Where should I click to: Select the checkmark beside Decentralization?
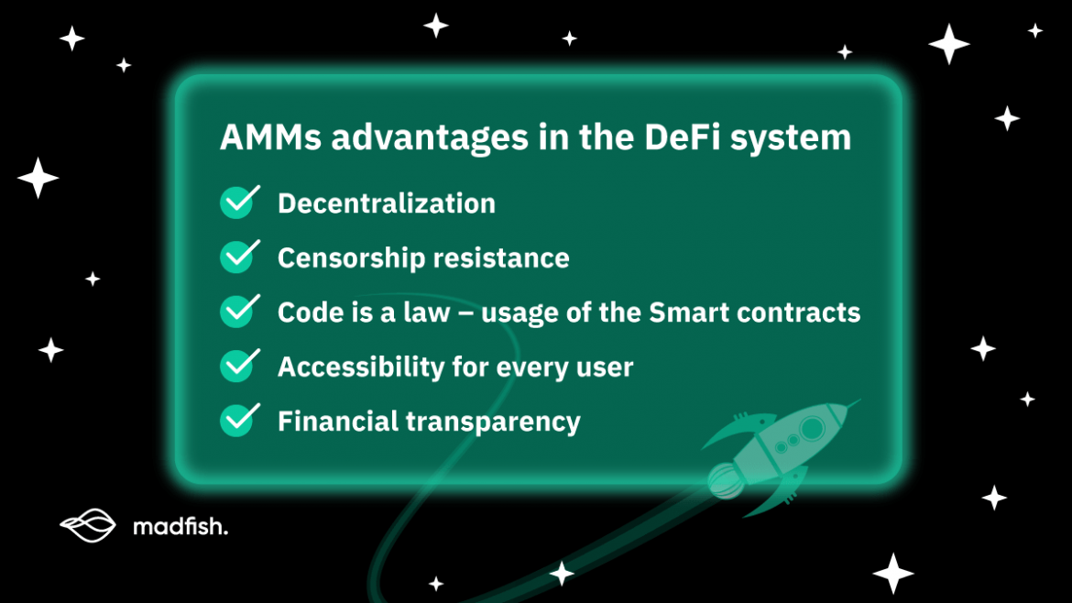point(237,203)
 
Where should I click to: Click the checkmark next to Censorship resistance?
point(237,258)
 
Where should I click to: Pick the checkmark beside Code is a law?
point(237,312)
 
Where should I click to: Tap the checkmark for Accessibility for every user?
point(237,367)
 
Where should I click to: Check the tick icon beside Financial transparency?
point(237,421)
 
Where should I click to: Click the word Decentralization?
point(387,203)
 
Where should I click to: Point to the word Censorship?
point(351,258)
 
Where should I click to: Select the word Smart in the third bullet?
point(688,312)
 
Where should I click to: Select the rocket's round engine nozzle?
point(725,477)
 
